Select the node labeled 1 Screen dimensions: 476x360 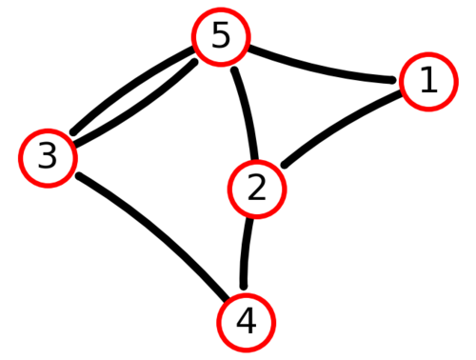[x=428, y=82]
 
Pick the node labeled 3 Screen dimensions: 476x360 [x=48, y=158]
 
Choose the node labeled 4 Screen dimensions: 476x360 [x=247, y=323]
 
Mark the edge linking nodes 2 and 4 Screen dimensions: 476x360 [x=246, y=252]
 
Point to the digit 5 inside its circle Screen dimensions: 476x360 [x=221, y=35]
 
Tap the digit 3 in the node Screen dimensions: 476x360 [x=48, y=155]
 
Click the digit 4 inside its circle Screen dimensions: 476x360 [x=247, y=321]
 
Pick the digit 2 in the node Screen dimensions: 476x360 [x=256, y=188]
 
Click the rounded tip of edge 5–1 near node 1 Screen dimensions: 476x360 [x=392, y=80]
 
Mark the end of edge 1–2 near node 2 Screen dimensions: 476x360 [x=285, y=165]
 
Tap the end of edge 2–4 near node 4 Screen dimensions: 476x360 [x=244, y=287]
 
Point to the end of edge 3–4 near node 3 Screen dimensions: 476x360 [x=79, y=176]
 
